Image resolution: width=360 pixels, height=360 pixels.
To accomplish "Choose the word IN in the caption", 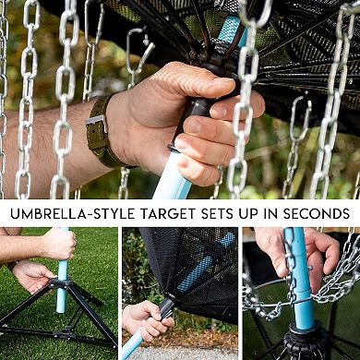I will click(274, 211).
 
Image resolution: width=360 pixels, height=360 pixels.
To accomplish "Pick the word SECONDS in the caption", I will click(318, 211).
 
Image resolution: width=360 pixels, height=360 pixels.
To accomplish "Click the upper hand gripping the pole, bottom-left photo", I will click(57, 244).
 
